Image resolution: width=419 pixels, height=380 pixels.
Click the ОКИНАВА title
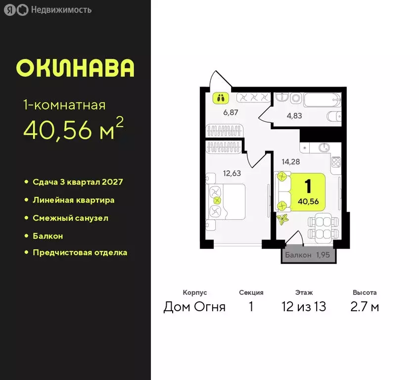coord(75,68)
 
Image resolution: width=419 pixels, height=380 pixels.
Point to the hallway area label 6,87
coord(231,112)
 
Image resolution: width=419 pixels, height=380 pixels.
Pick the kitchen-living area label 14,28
coord(291,161)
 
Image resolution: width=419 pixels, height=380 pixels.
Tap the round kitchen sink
coord(324,147)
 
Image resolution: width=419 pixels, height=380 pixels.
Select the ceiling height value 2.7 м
coord(365,307)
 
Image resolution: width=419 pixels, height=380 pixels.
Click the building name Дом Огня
coord(194,307)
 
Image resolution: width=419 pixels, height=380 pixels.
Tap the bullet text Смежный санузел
coord(70,218)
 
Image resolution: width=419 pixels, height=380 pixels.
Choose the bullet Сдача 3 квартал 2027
coord(78,182)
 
